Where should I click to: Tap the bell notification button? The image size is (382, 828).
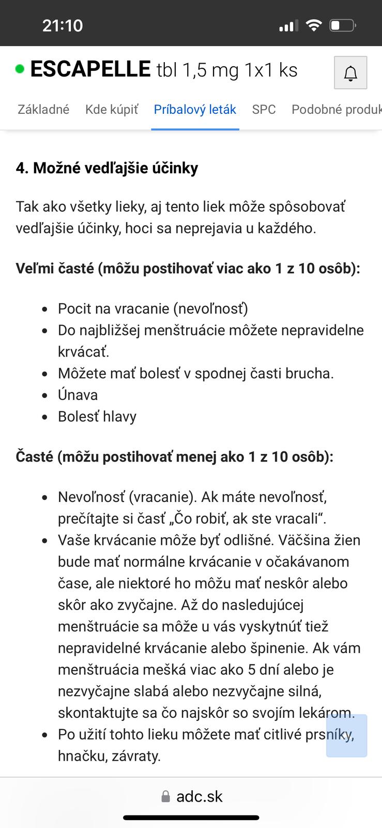pos(350,73)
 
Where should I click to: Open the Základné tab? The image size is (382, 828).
pos(43,110)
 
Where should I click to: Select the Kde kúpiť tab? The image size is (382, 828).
pos(112,110)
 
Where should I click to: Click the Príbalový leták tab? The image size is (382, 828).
pos(195,110)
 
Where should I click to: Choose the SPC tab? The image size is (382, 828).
pos(264,110)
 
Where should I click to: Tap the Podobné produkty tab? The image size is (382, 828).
pos(336,110)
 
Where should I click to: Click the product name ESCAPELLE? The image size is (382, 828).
pos(90,69)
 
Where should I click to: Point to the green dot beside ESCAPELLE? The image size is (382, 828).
pos(20,69)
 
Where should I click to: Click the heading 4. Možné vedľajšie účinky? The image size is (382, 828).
pos(107,168)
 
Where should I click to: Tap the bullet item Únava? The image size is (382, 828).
pos(78,395)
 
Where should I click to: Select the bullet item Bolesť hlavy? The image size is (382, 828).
pos(97,417)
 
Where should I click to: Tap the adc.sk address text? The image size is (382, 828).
pos(199,796)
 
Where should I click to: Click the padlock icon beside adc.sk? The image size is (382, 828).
pos(165,796)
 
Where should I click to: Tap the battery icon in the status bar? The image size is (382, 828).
pos(343,25)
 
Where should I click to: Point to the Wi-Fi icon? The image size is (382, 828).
pos(314,25)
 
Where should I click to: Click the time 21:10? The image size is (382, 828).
pos(63,25)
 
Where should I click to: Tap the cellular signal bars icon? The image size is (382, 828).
pos(288,25)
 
